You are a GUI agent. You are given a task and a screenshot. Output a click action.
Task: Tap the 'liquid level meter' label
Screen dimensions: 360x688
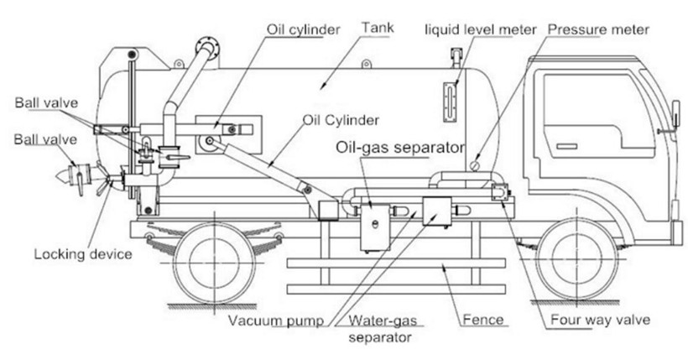pos(480,30)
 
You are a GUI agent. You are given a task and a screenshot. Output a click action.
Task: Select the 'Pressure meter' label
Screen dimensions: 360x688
pos(597,30)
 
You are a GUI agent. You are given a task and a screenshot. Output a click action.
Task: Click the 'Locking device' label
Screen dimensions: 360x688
pos(82,253)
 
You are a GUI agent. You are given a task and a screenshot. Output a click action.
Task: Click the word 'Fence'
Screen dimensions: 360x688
pos(483,320)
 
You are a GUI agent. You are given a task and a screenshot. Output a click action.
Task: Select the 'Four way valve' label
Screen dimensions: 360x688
pos(600,320)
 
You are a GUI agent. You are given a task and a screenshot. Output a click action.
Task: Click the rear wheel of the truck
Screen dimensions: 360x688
pos(215,264)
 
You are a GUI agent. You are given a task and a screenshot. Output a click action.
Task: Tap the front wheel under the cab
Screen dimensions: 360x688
pos(571,264)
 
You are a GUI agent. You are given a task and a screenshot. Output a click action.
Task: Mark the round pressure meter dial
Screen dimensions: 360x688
pos(476,164)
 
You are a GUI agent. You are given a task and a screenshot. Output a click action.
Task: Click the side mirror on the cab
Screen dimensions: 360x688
pos(675,113)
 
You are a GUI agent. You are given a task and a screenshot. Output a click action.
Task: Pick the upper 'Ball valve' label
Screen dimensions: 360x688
pos(46,102)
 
